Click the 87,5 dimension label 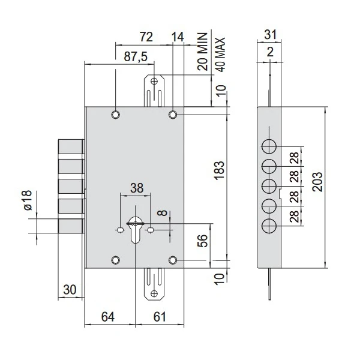pos(136,56)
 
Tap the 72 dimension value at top pos(146,37)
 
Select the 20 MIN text pos(203,52)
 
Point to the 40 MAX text pos(220,55)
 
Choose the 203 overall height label pos(318,182)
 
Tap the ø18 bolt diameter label pos(28,200)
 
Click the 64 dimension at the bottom pos(108,317)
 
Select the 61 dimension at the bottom pos(160,317)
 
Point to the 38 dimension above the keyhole pos(137,188)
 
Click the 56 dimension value pos(203,241)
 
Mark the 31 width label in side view pos(270,35)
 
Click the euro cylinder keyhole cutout pos(136,230)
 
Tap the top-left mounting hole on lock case pos(115,115)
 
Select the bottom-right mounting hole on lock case pos(173,260)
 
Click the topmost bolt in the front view pos(70,146)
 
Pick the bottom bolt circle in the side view pos(269,226)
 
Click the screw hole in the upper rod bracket pos(154,81)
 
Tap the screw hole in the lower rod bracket pos(154,293)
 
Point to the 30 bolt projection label pos(70,290)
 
